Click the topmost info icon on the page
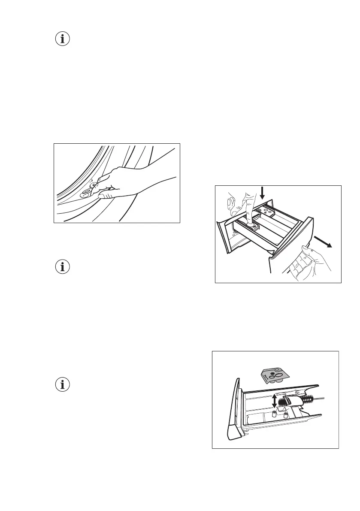point(63,39)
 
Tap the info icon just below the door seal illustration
point(63,267)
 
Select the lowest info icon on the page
point(63,385)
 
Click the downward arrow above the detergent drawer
point(263,195)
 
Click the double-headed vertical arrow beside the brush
point(275,401)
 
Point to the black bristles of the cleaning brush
point(285,401)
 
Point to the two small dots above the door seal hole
point(91,181)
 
